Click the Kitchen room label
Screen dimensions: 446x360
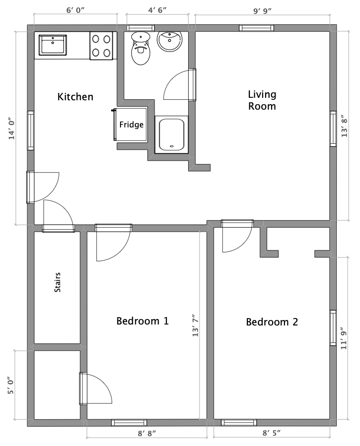pyautogui.click(x=75, y=96)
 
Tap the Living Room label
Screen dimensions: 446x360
pyautogui.click(x=262, y=100)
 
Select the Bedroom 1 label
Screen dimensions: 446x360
pyautogui.click(x=142, y=321)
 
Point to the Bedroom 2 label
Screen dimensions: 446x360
pyautogui.click(x=272, y=322)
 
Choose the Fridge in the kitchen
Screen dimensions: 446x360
pyautogui.click(x=131, y=124)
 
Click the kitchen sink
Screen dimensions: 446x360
pyautogui.click(x=53, y=45)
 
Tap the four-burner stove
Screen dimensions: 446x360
pyautogui.click(x=101, y=46)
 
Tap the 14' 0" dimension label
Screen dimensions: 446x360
pyautogui.click(x=11, y=128)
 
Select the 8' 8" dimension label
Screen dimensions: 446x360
pyautogui.click(x=147, y=434)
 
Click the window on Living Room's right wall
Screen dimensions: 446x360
pyautogui.click(x=333, y=128)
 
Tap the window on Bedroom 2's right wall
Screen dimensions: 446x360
pyautogui.click(x=333, y=328)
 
